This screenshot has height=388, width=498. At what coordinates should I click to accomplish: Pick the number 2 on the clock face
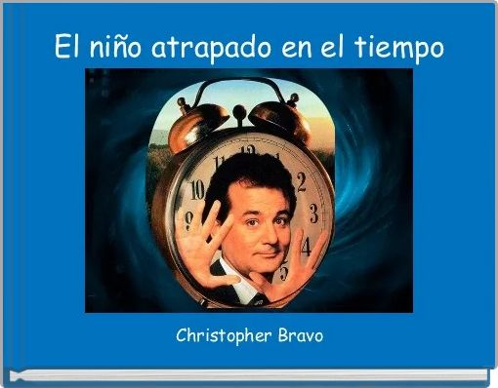(x=301, y=180)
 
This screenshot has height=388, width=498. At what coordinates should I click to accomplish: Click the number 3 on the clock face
(x=312, y=213)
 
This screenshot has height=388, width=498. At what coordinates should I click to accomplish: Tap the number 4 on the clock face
(x=306, y=245)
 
